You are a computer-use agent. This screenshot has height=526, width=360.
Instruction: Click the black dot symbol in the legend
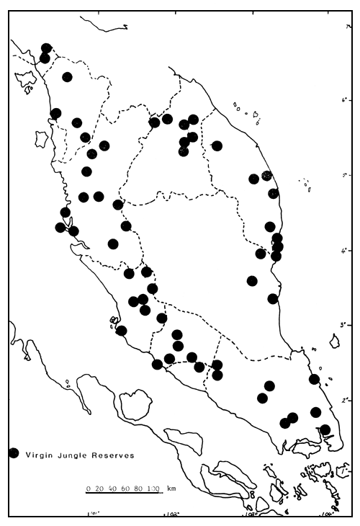click(x=13, y=453)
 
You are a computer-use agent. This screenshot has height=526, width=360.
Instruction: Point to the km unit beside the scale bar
click(x=171, y=488)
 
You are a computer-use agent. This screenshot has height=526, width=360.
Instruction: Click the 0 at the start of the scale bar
click(x=88, y=489)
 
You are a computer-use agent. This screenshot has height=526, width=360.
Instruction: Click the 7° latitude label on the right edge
click(x=348, y=26)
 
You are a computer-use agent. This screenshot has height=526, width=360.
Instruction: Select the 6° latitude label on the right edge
click(x=348, y=100)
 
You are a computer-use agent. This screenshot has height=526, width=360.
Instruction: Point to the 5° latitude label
click(x=348, y=175)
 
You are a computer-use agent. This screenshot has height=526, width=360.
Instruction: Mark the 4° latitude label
click(x=348, y=250)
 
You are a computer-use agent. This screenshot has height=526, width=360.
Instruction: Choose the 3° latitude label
click(x=348, y=326)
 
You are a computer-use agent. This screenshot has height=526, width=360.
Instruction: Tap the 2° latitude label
click(x=348, y=400)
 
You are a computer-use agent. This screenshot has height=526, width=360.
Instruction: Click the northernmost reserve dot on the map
click(x=47, y=48)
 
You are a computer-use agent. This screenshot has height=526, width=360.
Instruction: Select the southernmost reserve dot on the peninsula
click(x=325, y=429)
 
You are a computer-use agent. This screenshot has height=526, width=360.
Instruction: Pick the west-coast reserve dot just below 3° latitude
click(x=122, y=331)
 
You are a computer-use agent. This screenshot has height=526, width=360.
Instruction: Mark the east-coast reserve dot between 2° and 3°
click(x=314, y=379)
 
